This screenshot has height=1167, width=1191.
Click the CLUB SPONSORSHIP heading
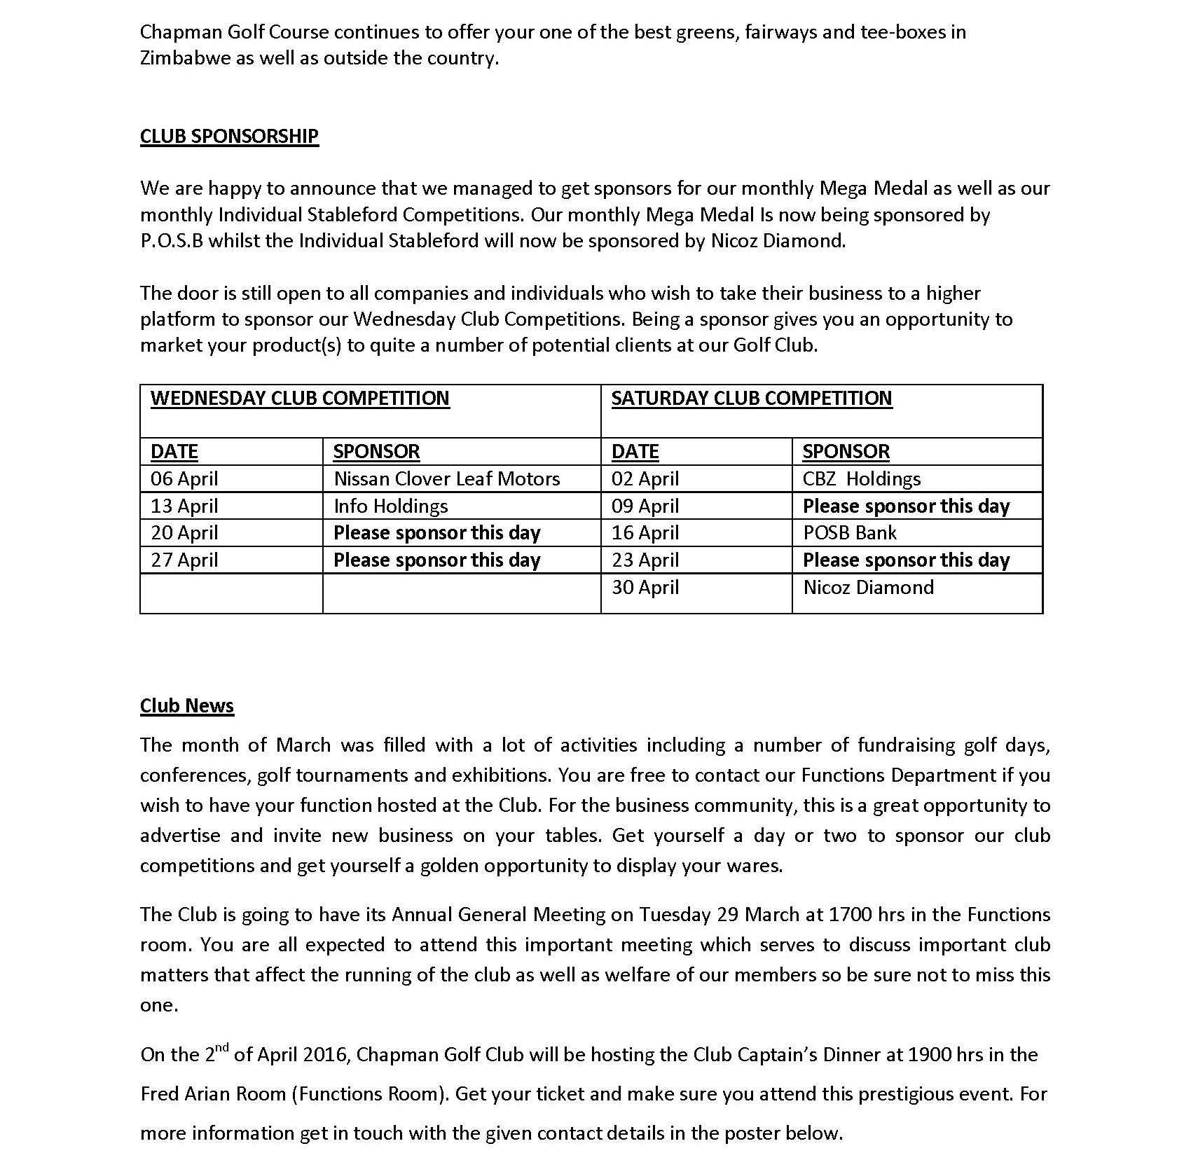(229, 136)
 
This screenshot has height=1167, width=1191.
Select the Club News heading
(186, 705)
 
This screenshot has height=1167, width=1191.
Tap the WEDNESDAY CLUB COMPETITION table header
(300, 399)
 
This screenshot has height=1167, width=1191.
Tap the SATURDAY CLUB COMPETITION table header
(752, 399)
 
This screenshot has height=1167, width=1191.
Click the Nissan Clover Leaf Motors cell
(446, 479)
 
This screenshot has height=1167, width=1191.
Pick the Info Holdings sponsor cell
(390, 506)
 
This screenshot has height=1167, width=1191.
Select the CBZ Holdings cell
(862, 479)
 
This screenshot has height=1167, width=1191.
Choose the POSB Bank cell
(849, 533)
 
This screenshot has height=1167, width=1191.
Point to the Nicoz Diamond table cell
(868, 587)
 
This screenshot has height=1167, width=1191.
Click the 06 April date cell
(184, 479)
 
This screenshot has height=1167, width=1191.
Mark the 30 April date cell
(645, 587)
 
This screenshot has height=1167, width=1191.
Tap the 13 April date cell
(184, 506)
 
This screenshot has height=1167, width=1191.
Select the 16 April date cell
(645, 533)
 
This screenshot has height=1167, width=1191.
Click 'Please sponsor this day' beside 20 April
(436, 533)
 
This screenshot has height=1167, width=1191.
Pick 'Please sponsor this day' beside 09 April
(906, 506)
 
